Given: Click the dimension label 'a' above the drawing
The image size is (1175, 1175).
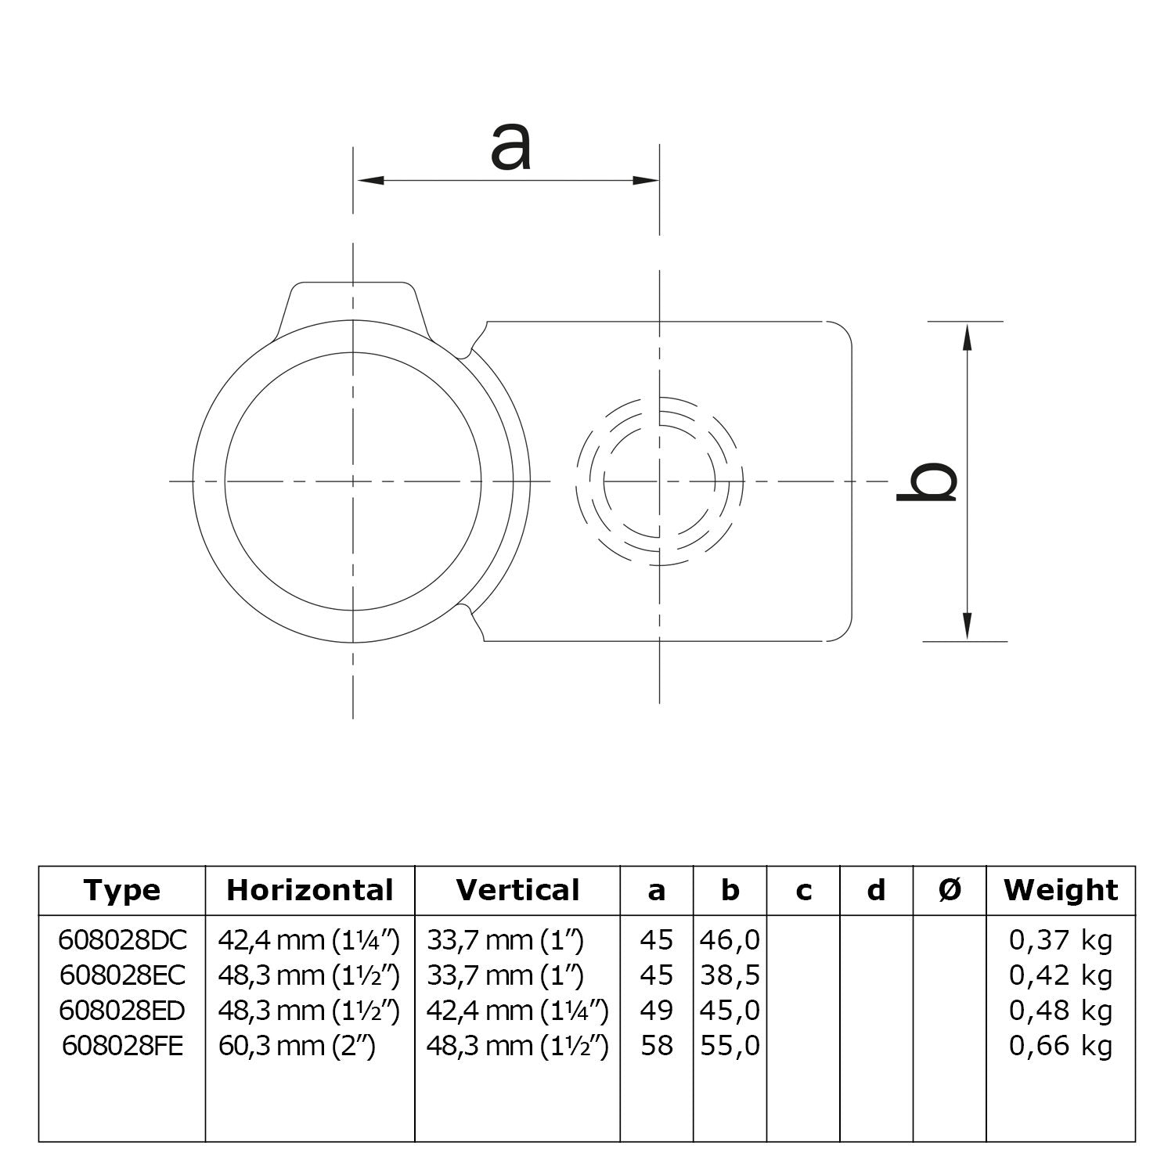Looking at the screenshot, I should [510, 148].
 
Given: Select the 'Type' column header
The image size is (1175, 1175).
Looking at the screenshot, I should [122, 890].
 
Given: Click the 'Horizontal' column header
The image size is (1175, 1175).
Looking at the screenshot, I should [310, 890].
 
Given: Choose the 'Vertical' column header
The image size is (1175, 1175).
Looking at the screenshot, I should [517, 890].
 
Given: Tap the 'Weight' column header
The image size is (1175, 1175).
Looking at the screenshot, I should [1061, 890].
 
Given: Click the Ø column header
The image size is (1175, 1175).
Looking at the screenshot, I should [950, 890].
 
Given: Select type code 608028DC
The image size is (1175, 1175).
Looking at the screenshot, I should [123, 939].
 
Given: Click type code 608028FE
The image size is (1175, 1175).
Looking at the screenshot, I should [121, 1046].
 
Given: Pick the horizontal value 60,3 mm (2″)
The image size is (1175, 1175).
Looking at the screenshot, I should [297, 1046].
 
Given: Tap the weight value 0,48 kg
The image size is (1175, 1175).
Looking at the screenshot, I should [1060, 1011].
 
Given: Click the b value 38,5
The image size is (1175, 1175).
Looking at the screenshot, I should [730, 975].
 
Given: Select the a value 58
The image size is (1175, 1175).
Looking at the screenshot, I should [656, 1046].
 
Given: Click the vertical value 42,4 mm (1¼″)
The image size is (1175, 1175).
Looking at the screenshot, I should [517, 1011].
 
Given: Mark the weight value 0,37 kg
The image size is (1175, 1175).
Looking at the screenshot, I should [1060, 939].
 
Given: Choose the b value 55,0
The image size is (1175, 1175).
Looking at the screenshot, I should [730, 1046].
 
